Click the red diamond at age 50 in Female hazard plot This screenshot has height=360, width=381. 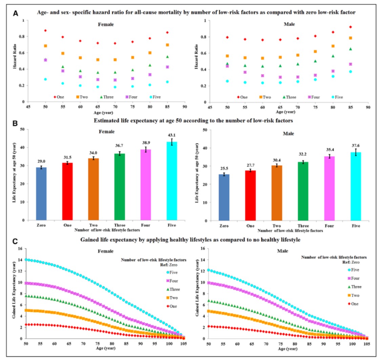[45, 31]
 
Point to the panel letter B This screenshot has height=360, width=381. [16, 122]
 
